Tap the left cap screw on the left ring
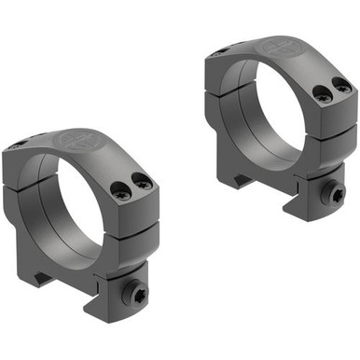[x=120, y=190]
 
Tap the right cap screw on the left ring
[x=143, y=183]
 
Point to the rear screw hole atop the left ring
[x=18, y=145]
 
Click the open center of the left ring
[x=70, y=201]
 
